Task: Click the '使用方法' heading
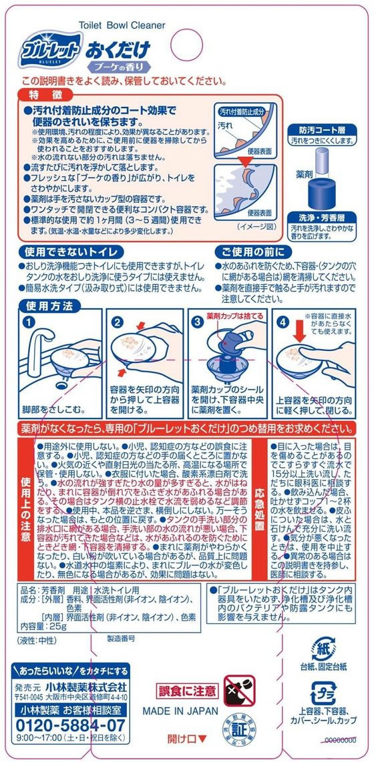click(x=45, y=306)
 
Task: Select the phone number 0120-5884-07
click(x=69, y=724)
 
